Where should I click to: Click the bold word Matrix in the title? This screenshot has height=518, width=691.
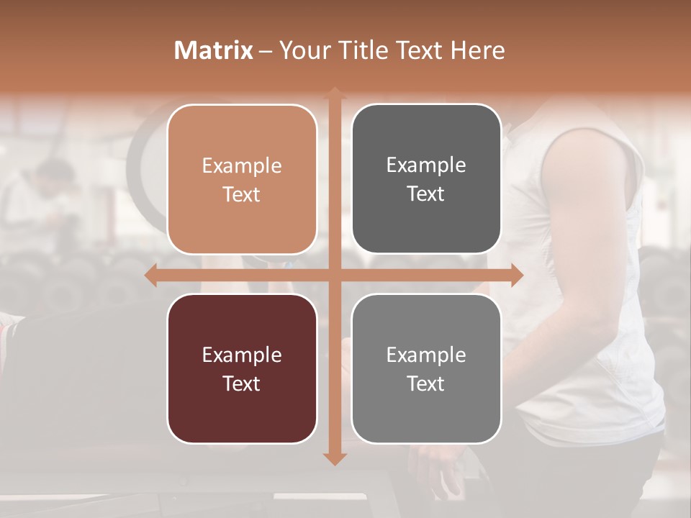pos(214,50)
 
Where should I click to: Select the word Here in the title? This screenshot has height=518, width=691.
pos(478,50)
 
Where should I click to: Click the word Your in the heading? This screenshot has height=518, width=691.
pos(306,50)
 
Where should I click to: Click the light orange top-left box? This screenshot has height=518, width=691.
pos(242,137)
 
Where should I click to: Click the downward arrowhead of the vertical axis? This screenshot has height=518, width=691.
pos(334,458)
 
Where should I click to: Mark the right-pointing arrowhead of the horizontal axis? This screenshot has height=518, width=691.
pos(516,276)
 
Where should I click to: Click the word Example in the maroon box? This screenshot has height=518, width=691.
pos(242,355)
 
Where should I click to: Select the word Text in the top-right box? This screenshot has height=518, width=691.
pos(426,194)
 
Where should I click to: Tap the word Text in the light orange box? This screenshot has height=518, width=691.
pos(242,194)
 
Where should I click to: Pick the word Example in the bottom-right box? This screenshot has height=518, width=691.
pos(426,355)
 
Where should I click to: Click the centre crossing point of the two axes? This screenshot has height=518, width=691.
pos(334,276)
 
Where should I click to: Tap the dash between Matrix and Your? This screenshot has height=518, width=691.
pos(266,51)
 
